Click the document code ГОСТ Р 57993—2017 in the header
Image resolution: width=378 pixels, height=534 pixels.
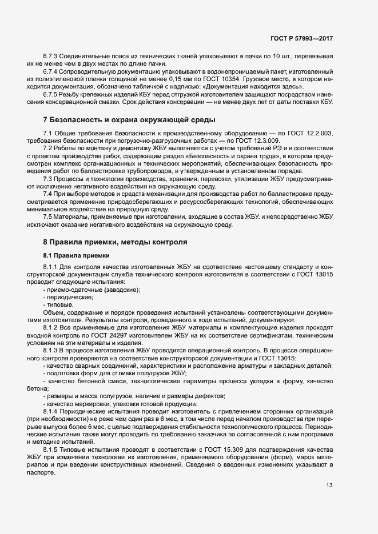pyautogui.click(x=301, y=38)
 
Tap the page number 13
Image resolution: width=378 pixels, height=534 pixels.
pyautogui.click(x=329, y=485)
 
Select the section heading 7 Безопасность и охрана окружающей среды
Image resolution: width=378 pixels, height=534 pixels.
pyautogui.click(x=129, y=120)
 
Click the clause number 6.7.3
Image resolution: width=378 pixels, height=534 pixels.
pyautogui.click(x=52, y=58)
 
